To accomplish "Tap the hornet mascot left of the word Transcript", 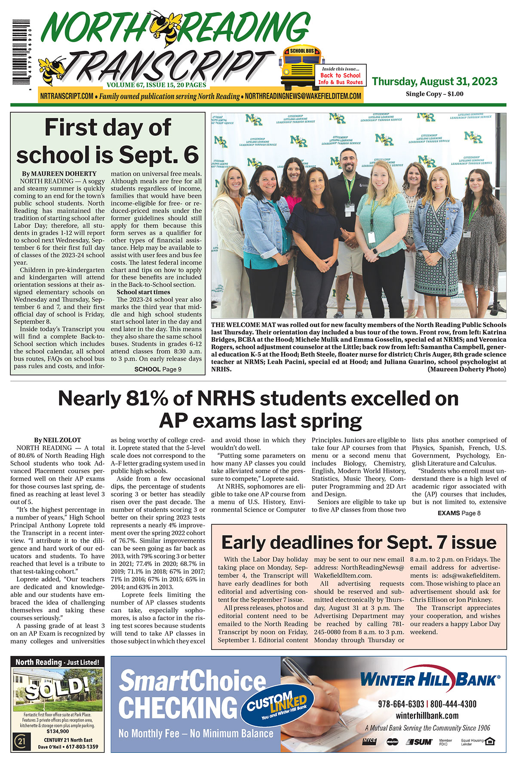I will point(52,69).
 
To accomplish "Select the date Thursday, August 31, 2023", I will point(434,81).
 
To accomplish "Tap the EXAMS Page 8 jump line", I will point(459,513).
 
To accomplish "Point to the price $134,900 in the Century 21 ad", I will point(58,731).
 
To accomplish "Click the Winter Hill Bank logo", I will point(430,680).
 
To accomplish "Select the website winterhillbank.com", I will point(427,716).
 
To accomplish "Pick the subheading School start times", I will point(143,292).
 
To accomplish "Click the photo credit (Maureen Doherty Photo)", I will point(467,369).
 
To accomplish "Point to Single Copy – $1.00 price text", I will point(434,94).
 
